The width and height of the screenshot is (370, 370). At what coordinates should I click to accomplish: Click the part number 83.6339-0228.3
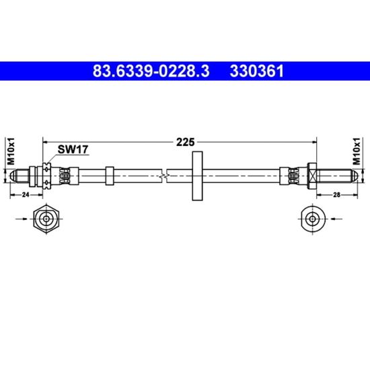(x=151, y=71)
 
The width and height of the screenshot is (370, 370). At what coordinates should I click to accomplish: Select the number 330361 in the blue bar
(x=257, y=71)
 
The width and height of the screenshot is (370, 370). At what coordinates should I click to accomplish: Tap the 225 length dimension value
(x=185, y=142)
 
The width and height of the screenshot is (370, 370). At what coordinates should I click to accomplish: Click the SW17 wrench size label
(x=73, y=149)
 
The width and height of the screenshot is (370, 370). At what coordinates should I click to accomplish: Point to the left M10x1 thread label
(x=11, y=151)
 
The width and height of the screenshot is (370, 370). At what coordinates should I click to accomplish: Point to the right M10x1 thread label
(x=357, y=151)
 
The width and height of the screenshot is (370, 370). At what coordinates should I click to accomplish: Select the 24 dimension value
(x=26, y=194)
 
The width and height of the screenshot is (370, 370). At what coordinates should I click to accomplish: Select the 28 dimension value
(x=337, y=194)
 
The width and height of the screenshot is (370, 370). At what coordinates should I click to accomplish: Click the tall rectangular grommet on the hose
(x=197, y=176)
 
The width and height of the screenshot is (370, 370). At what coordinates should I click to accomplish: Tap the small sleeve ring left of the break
(x=110, y=176)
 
